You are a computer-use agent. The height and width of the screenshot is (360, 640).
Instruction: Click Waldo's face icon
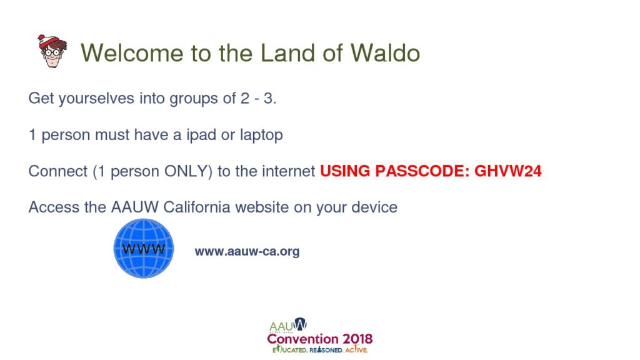52,51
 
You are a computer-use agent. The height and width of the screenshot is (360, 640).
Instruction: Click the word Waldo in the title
385,52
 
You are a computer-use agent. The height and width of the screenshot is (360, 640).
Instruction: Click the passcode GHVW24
507,171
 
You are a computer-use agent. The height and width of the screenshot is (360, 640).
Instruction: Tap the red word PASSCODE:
422,171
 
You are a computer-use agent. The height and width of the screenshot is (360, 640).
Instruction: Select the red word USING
345,171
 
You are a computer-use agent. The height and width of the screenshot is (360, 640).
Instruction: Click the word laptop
261,135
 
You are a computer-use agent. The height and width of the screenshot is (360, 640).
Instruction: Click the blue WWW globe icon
144,249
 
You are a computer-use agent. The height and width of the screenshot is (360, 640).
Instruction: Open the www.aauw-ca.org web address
247,251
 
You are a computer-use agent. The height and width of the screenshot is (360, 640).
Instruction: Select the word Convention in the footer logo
302,339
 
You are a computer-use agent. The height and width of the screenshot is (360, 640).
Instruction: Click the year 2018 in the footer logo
357,339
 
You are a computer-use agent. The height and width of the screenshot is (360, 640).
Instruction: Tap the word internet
288,171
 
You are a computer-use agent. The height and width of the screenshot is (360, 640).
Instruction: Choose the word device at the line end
374,207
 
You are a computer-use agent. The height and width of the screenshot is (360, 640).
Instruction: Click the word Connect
58,171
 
